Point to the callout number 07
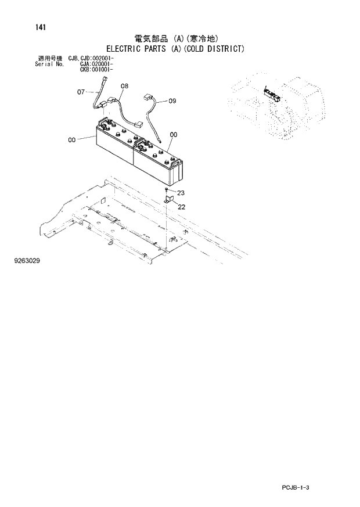pyautogui.click(x=81, y=91)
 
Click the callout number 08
pyautogui.click(x=124, y=86)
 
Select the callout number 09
pyautogui.click(x=172, y=101)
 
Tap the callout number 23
pyautogui.click(x=181, y=193)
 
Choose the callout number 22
pyautogui.click(x=181, y=207)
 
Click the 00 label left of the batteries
pyautogui.click(x=72, y=139)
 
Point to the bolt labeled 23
pyautogui.click(x=167, y=190)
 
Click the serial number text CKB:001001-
pyautogui.click(x=96, y=69)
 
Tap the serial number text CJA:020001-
pyautogui.click(x=96, y=64)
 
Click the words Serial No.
pyautogui.click(x=49, y=64)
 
